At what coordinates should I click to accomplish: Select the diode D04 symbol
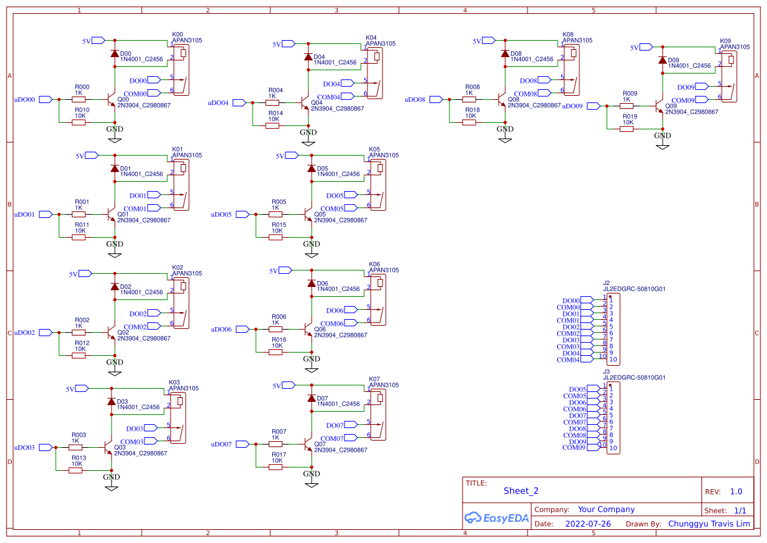(308, 57)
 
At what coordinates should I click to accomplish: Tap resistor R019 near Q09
(627, 129)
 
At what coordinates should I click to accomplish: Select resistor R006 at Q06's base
(276, 329)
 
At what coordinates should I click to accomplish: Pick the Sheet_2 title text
(521, 490)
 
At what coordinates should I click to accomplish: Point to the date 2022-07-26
(588, 524)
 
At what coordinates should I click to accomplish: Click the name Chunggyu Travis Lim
(709, 524)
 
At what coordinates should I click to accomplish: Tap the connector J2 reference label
(607, 282)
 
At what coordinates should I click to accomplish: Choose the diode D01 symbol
(115, 169)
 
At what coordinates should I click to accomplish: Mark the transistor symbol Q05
(309, 214)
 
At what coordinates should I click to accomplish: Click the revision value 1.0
(736, 491)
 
